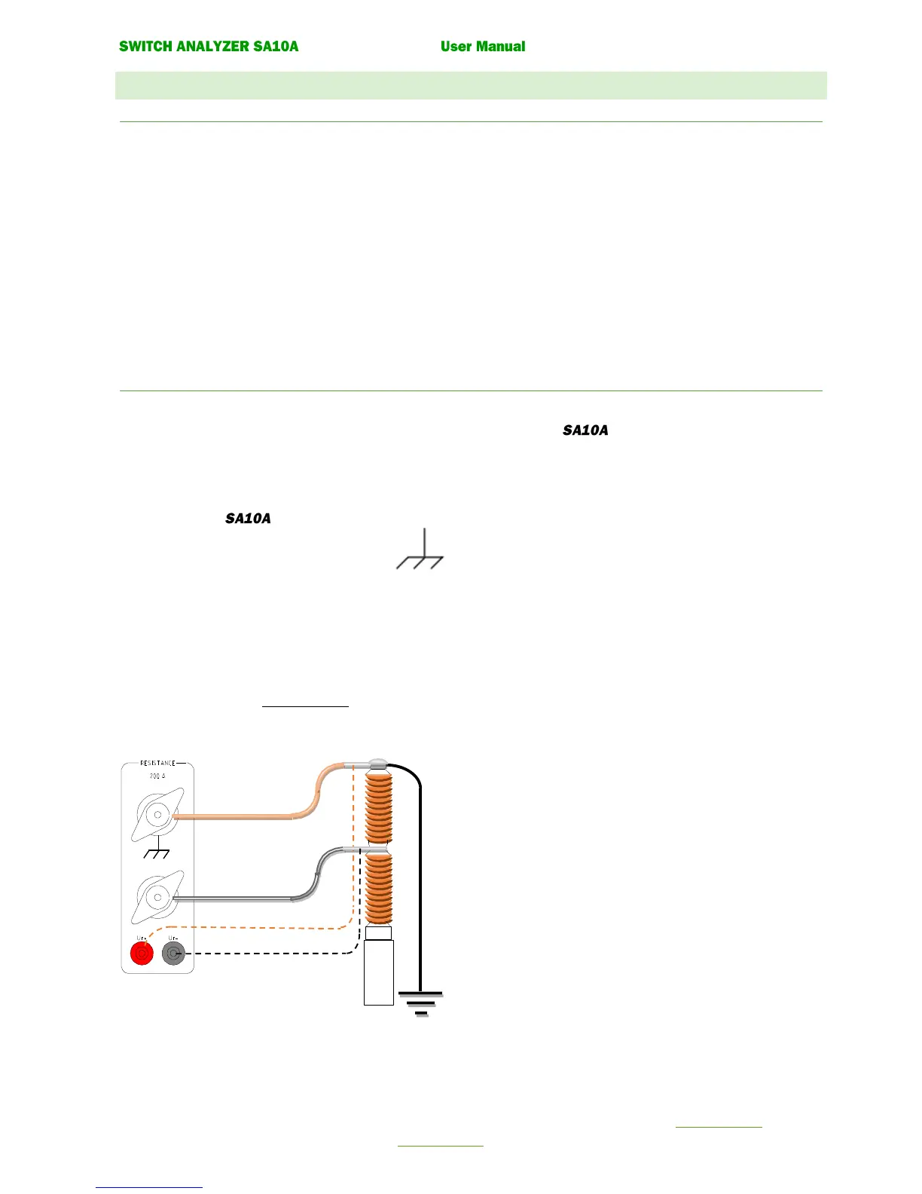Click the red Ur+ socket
click(x=142, y=954)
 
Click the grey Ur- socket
click(x=173, y=954)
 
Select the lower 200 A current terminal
click(x=157, y=897)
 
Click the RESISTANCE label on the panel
click(x=157, y=764)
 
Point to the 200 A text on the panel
click(x=157, y=776)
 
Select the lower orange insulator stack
click(x=378, y=889)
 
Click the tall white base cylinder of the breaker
click(x=378, y=972)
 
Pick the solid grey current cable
click(x=241, y=898)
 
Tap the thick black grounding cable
click(x=420, y=889)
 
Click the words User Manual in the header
click(x=483, y=47)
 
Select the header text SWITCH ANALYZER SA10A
click(x=209, y=47)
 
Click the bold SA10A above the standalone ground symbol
click(x=248, y=519)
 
